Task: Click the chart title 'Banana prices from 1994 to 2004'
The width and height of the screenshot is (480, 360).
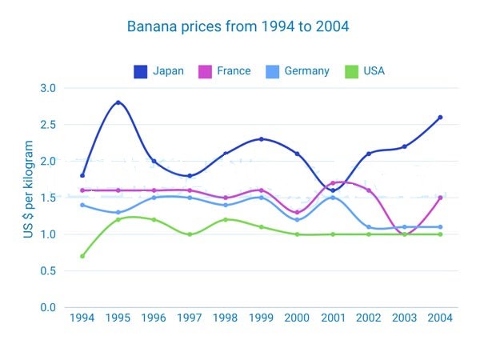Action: [x=238, y=26]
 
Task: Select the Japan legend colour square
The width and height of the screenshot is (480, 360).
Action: [x=141, y=72]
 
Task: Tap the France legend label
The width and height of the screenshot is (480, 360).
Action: [x=234, y=71]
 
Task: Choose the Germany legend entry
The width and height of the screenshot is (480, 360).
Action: [x=298, y=72]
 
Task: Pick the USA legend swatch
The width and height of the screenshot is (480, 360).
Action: [x=351, y=72]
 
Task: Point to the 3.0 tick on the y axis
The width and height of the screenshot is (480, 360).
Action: [x=48, y=88]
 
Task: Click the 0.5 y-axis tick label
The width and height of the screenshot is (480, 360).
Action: [x=48, y=271]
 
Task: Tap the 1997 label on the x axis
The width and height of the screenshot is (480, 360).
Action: [x=190, y=318]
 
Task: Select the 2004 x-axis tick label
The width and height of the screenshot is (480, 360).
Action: [x=440, y=318]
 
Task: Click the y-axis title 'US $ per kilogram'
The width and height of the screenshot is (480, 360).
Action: [x=28, y=189]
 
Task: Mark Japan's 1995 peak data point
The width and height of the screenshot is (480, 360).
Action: [x=118, y=102]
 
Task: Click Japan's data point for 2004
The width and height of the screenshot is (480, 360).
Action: [x=440, y=118]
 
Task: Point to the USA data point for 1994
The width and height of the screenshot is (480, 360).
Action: [x=82, y=256]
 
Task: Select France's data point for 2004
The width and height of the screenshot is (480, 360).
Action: [x=440, y=198]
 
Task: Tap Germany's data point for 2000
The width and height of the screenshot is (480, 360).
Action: [x=297, y=220]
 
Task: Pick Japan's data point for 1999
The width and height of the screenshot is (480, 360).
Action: [x=261, y=139]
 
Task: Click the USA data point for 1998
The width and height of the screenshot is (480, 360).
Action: [x=226, y=220]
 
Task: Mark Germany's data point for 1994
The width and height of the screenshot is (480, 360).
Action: [x=82, y=205]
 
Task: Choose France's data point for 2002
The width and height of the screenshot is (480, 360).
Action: [x=369, y=190]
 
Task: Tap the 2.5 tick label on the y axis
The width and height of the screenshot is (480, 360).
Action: [x=48, y=125]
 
